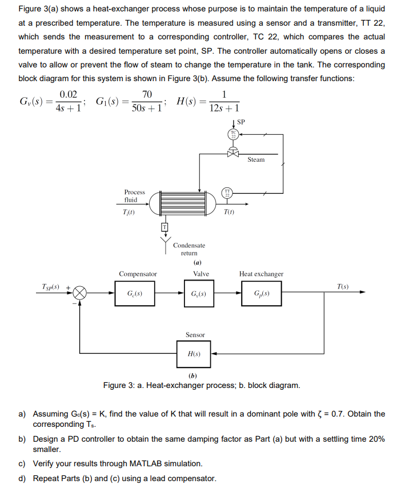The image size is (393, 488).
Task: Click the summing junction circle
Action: (x=79, y=294)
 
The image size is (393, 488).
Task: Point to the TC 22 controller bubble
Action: (x=233, y=135)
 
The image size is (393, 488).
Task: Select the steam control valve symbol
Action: (x=233, y=153)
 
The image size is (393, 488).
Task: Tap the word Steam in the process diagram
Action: (x=256, y=160)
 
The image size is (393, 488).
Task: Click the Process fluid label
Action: (x=134, y=196)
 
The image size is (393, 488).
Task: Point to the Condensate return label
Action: (x=189, y=249)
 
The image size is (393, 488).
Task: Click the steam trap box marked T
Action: (x=165, y=227)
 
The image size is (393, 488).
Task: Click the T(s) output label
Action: (x=343, y=285)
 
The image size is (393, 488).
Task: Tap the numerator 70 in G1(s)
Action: (x=147, y=94)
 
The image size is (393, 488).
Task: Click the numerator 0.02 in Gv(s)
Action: (x=69, y=94)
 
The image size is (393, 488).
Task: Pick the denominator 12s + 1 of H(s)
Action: (x=224, y=108)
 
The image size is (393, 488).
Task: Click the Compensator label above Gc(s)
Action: (x=138, y=274)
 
